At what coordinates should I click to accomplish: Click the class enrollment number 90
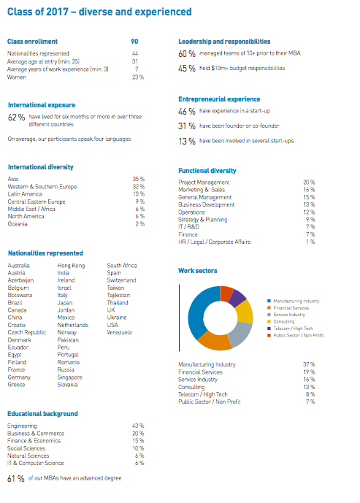point(134,42)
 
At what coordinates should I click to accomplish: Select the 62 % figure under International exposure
point(16,117)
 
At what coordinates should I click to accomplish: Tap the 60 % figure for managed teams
point(187,54)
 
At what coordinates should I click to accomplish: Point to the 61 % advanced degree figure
point(15,479)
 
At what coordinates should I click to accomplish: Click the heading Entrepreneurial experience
point(219,99)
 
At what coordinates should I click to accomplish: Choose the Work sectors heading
point(198,271)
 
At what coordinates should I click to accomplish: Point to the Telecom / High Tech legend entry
point(295,328)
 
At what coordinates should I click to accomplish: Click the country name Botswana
point(20,294)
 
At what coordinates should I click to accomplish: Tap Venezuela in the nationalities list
point(120,332)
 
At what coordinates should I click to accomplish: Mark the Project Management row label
point(204,182)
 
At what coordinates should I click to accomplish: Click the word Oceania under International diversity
point(18,223)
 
